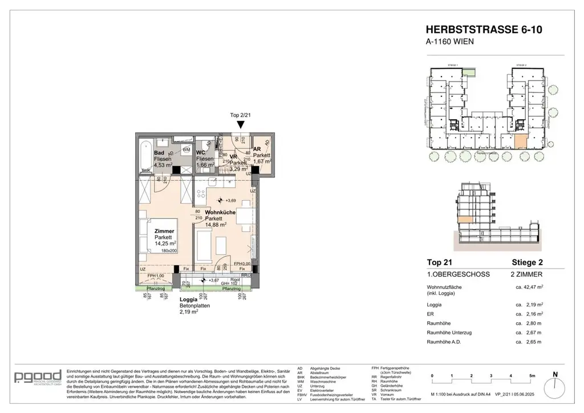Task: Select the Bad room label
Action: (159, 153)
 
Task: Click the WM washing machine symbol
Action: (186, 149)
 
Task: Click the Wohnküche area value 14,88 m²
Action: (216, 224)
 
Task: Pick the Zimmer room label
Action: (164, 231)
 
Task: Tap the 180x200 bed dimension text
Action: (170, 250)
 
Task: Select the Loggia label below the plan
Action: (189, 299)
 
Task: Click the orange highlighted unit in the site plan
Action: (521, 141)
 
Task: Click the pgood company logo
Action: (35, 378)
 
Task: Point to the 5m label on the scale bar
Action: (532, 375)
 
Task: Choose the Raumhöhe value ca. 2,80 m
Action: (528, 322)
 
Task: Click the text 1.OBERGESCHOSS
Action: (458, 274)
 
